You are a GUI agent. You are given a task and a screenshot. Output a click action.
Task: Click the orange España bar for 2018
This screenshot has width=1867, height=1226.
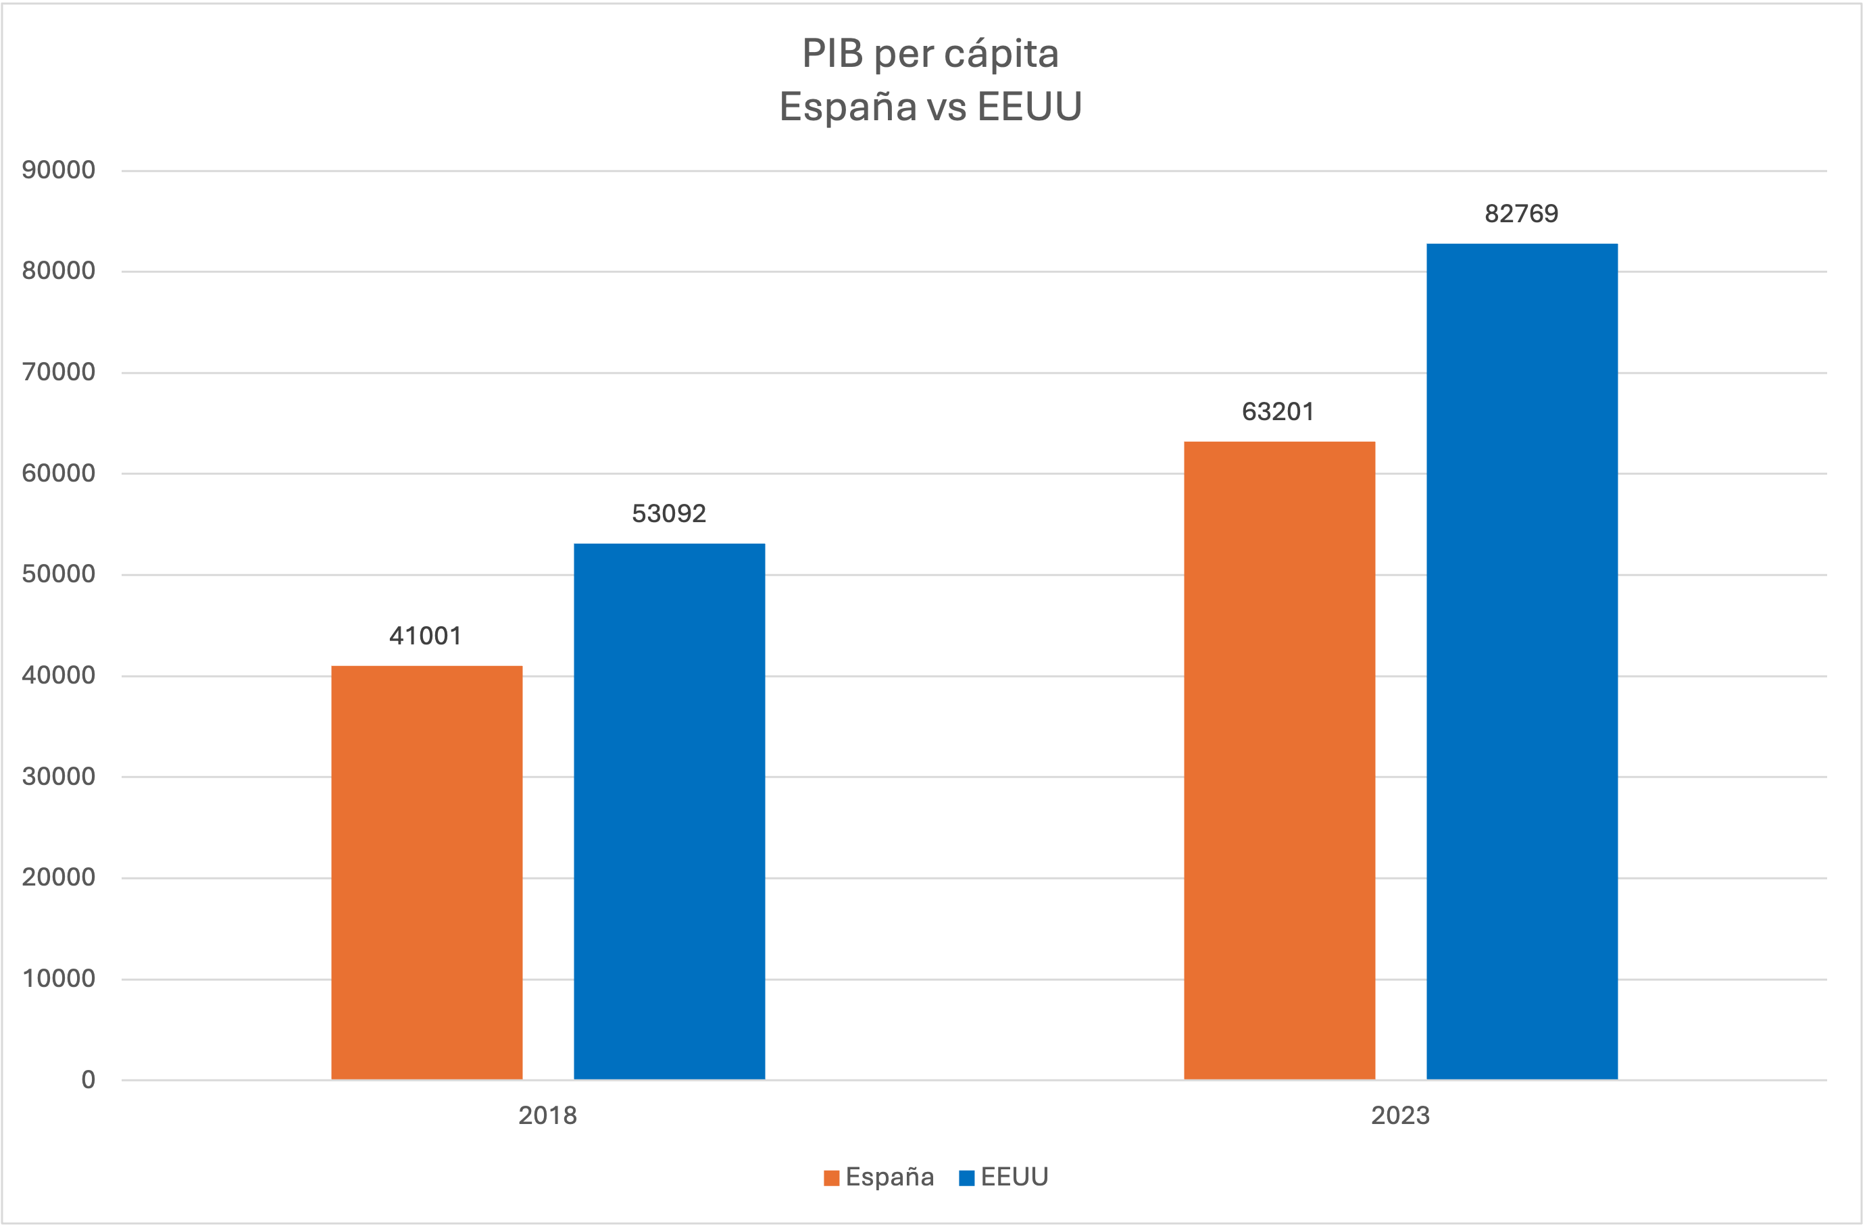427,872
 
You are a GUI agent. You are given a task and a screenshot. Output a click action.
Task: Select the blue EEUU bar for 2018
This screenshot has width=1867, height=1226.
669,811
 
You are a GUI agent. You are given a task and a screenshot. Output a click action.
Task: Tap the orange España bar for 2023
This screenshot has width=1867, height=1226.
1278,760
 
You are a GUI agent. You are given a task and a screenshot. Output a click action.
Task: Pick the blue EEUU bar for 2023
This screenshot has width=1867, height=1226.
1522,661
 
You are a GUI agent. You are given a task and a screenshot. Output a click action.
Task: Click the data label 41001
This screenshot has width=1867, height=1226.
426,636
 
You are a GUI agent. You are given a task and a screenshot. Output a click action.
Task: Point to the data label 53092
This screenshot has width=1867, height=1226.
669,514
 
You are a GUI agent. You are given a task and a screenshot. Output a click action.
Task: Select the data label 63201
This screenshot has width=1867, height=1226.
1278,412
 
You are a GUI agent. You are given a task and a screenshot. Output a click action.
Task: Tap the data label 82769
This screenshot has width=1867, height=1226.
1521,214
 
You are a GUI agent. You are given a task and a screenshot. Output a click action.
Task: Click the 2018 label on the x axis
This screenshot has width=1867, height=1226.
547,1115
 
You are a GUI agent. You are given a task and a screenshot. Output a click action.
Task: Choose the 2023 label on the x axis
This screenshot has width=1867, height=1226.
1400,1115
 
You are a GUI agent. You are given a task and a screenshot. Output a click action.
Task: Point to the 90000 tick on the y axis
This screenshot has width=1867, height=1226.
59,170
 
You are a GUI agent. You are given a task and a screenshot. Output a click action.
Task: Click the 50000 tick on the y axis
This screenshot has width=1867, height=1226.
59,574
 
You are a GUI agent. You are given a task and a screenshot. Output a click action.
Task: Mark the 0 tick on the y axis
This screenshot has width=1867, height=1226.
89,1080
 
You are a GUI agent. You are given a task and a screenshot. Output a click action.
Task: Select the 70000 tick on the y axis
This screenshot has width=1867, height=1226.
59,372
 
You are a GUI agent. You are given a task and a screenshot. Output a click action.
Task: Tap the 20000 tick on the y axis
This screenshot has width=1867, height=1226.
59,877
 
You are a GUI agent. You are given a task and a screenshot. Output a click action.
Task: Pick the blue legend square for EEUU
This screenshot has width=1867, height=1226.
966,1178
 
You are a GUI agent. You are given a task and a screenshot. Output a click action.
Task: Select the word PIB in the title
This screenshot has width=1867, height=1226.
832,54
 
